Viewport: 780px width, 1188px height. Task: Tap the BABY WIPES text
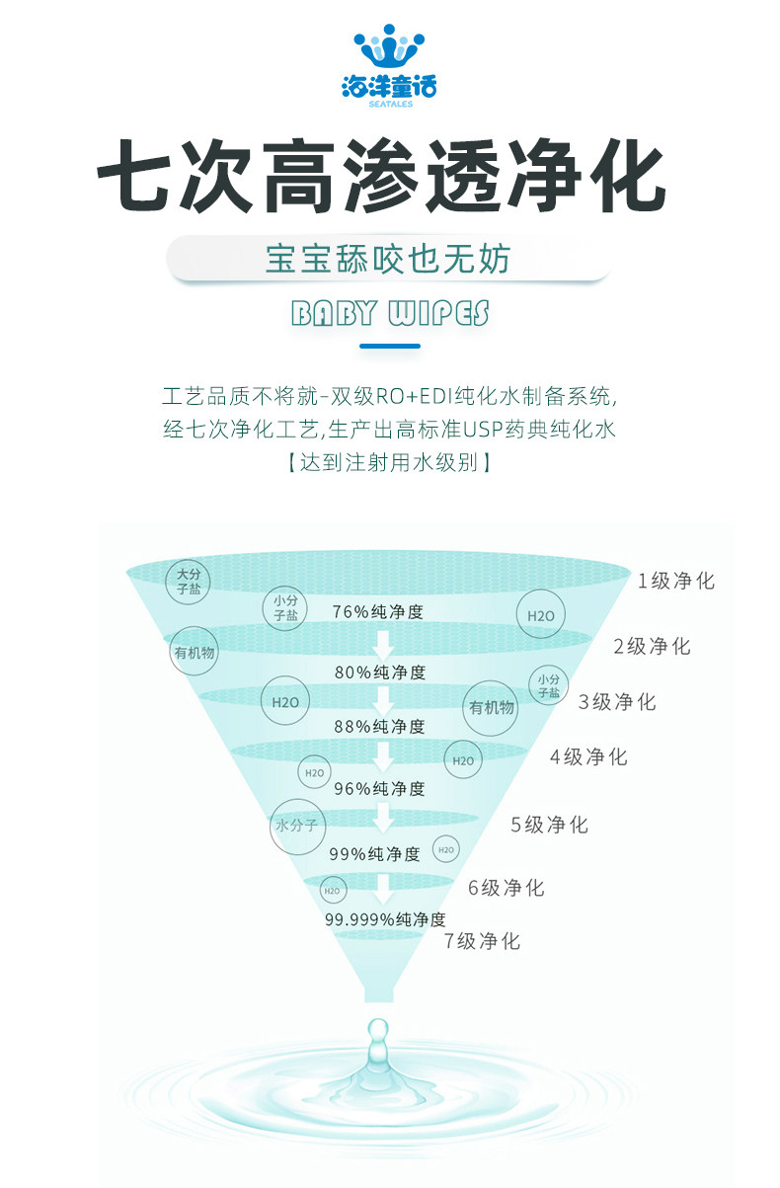point(390,314)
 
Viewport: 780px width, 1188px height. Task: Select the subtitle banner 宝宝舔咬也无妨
point(389,260)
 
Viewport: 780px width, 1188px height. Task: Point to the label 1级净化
point(675,581)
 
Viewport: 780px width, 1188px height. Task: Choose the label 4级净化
point(588,757)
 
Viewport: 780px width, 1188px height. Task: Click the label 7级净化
point(482,941)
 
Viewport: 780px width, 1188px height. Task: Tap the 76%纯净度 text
point(378,612)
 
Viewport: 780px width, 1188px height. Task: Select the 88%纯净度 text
point(379,727)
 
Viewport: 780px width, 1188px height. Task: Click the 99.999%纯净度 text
point(385,919)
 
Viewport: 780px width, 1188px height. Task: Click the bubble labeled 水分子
point(297,826)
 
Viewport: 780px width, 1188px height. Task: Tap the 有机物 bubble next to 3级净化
point(492,707)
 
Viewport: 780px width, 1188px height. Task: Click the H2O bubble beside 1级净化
point(541,615)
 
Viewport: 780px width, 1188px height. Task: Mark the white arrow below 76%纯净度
point(382,644)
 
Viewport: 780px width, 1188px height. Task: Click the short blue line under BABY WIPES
point(390,347)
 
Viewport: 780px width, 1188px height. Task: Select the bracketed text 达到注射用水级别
point(389,461)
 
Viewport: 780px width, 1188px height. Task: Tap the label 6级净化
point(506,888)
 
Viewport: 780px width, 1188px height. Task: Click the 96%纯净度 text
point(379,788)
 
